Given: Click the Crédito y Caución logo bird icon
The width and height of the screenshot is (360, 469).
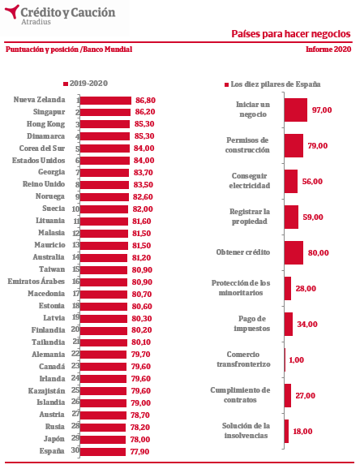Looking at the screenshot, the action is [11, 11].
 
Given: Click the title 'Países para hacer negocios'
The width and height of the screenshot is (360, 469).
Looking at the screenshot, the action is [291, 34].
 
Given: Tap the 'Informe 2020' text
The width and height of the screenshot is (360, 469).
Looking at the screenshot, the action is [328, 49].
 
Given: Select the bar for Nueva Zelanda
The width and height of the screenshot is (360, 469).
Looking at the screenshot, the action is [105, 101].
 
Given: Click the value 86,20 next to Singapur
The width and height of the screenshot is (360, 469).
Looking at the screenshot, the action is [145, 112].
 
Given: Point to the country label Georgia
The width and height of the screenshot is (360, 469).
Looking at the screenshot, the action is [51, 172].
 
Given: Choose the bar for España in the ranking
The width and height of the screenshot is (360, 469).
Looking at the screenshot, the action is [103, 452].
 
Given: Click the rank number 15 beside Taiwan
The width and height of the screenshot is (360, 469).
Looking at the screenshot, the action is [76, 269].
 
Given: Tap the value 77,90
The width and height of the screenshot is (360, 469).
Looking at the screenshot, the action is [139, 452].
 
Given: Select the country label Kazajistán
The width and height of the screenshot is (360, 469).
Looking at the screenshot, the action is [47, 391].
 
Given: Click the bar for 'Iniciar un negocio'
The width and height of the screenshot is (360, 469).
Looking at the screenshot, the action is [296, 110].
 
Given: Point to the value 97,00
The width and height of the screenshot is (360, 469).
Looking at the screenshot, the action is [322, 110].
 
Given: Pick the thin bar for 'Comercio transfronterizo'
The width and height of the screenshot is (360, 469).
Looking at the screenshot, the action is [285, 359].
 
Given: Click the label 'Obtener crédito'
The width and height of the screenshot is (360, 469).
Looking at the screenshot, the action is [243, 252].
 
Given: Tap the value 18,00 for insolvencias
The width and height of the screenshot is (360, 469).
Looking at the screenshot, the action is [302, 432].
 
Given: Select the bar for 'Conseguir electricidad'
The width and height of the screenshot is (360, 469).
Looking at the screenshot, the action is [291, 181].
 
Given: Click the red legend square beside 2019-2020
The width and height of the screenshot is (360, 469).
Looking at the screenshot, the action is [66, 84].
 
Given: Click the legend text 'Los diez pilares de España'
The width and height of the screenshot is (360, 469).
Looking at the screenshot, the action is [276, 84].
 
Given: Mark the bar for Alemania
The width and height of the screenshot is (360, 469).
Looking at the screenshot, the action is [103, 355].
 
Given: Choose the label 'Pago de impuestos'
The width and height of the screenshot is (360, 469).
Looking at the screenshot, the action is [252, 324].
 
